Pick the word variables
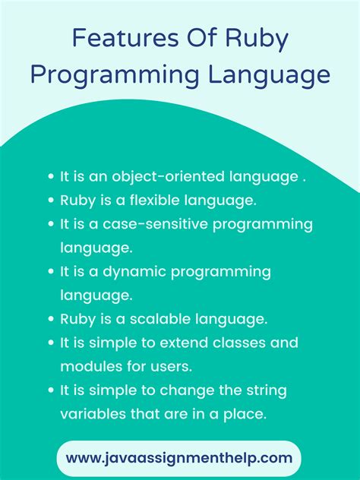(x=93, y=414)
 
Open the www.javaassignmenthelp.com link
(x=179, y=458)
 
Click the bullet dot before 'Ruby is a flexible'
(x=51, y=201)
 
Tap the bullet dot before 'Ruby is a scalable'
(x=51, y=318)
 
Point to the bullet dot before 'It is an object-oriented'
(x=51, y=176)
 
